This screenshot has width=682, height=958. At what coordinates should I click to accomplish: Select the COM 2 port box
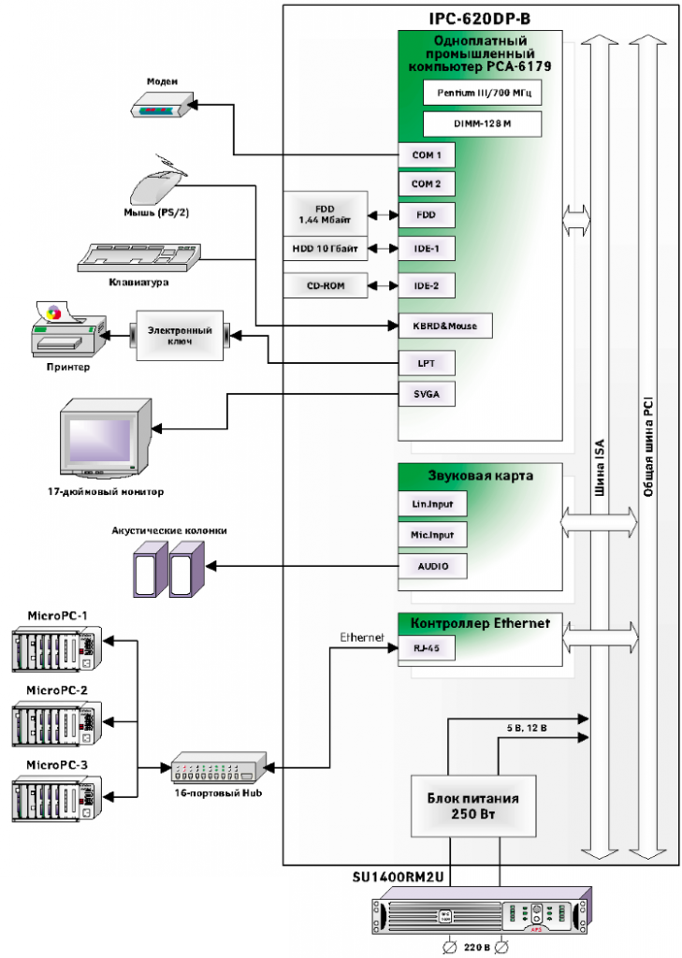[427, 184]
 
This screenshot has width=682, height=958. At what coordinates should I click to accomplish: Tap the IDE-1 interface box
[427, 248]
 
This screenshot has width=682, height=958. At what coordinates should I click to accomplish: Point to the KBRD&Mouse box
[444, 326]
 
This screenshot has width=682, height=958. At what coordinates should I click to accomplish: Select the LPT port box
[427, 363]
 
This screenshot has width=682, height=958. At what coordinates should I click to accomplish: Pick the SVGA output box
[427, 395]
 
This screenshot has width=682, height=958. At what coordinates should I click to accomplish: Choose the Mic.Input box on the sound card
[432, 535]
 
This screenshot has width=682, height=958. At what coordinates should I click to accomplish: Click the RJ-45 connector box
[427, 646]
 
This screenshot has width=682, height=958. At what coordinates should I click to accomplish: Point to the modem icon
[162, 107]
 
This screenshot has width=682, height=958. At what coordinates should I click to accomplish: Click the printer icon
[66, 334]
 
